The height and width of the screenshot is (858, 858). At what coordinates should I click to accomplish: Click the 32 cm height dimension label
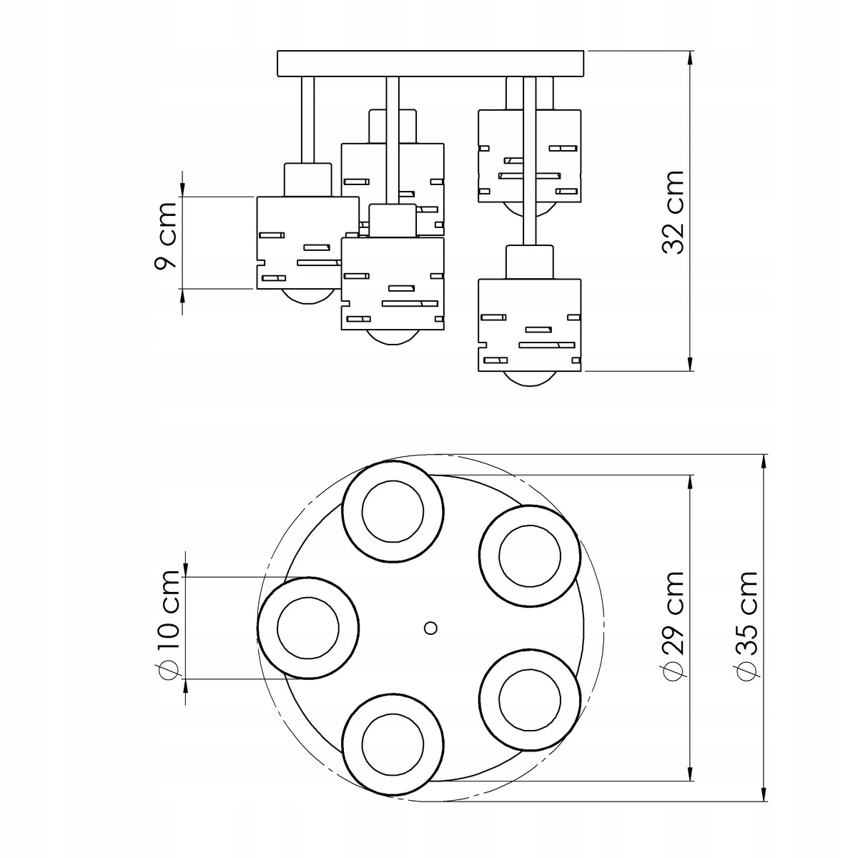click(x=673, y=212)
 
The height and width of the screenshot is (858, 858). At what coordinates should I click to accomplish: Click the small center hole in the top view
click(x=430, y=628)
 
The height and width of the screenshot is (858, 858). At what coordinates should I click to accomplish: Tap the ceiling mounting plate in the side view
click(x=430, y=64)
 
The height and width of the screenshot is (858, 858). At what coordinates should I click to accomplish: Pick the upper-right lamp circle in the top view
click(x=530, y=506)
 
